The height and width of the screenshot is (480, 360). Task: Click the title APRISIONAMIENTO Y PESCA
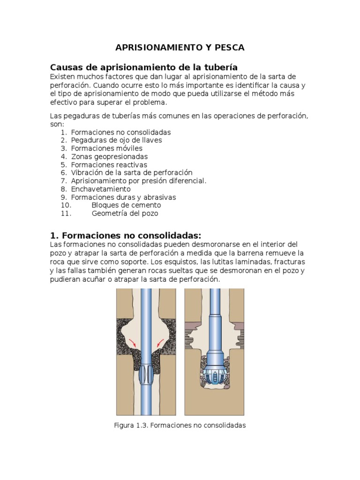[180, 48]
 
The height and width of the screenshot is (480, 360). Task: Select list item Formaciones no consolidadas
[120, 132]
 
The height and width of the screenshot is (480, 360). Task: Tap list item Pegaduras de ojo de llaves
[116, 140]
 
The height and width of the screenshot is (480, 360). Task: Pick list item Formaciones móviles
[106, 148]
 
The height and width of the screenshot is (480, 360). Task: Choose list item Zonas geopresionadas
[109, 157]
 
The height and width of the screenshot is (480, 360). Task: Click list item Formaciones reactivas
[109, 165]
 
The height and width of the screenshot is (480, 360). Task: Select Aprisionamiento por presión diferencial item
[138, 180]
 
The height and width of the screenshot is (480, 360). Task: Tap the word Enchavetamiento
[101, 189]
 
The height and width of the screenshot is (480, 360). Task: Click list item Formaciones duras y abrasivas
[123, 197]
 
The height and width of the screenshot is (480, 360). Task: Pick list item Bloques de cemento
[126, 205]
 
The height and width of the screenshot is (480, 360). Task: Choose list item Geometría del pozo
[125, 213]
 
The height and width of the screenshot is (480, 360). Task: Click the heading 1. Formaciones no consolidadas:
[125, 235]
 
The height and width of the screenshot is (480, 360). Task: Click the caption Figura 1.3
[180, 425]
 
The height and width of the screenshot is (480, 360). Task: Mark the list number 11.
[66, 213]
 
